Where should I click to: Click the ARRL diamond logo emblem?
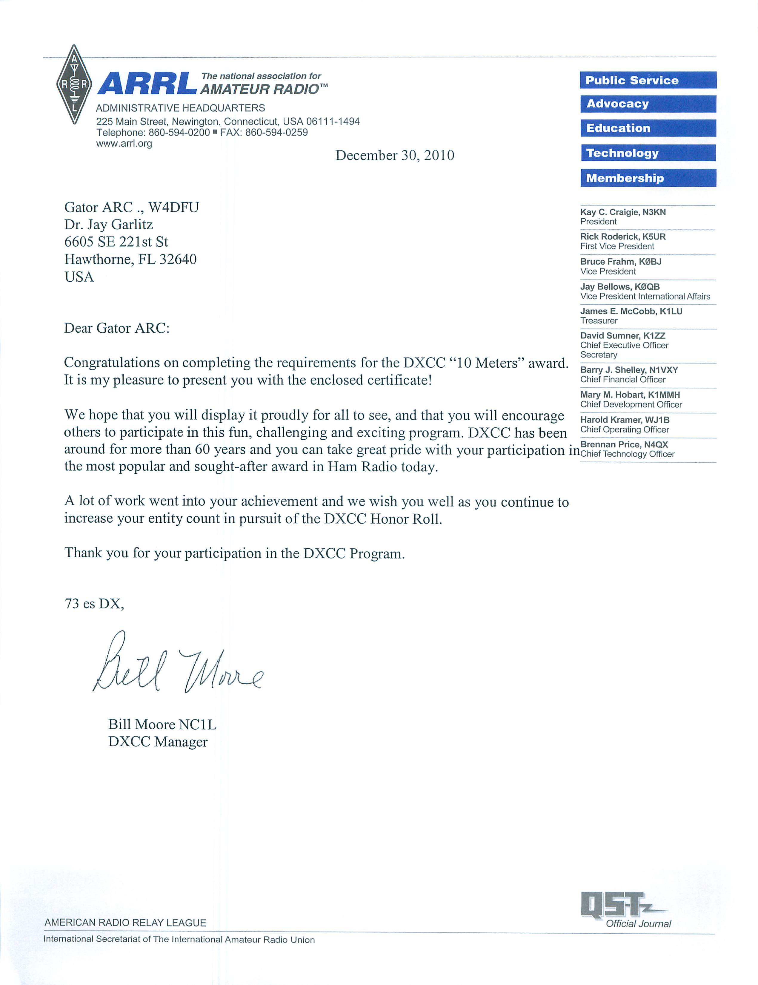pyautogui.click(x=74, y=84)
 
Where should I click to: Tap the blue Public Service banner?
pyautogui.click(x=648, y=80)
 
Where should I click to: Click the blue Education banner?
pyautogui.click(x=648, y=128)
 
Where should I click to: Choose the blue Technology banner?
pyautogui.click(x=648, y=153)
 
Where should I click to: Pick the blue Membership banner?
pyautogui.click(x=648, y=178)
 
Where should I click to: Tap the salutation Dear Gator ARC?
pyautogui.click(x=117, y=328)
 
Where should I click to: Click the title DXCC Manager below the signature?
pyautogui.click(x=158, y=742)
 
